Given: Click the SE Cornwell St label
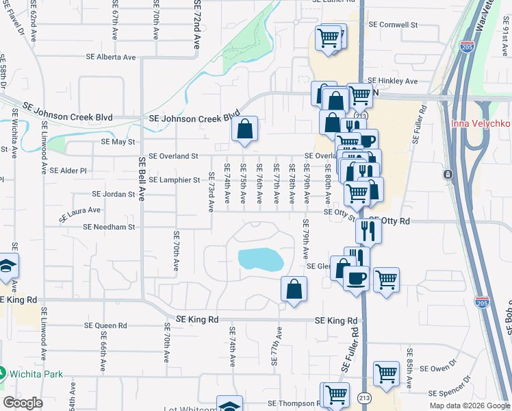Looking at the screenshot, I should pos(393,25).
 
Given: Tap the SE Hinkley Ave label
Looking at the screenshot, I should pos(392,81).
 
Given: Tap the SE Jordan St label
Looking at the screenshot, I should pos(114,195).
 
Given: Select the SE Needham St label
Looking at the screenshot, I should pos(110,226).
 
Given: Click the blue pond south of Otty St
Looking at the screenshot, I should pos(261,260).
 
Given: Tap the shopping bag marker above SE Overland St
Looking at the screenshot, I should pos(244,129).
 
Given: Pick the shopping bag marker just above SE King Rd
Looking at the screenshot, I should pos(294,288).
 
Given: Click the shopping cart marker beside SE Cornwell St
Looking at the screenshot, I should pos(329,38).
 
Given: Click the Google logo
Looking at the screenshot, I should pos(23,402).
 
